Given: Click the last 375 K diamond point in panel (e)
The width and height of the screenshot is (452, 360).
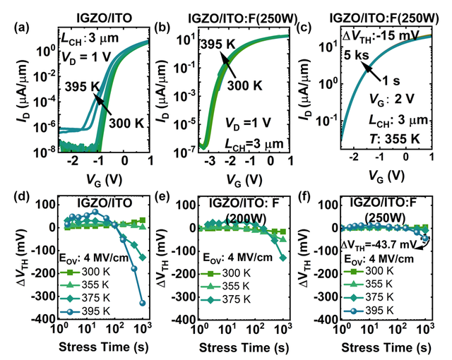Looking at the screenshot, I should click(284, 258).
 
